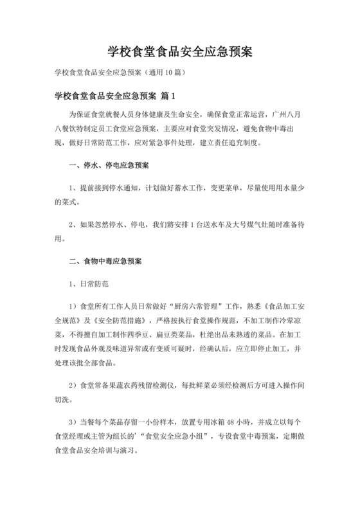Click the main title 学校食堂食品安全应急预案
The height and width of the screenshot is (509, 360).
click(179, 52)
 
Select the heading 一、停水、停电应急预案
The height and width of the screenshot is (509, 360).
click(109, 165)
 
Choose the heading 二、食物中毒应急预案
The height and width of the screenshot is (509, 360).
click(109, 262)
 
